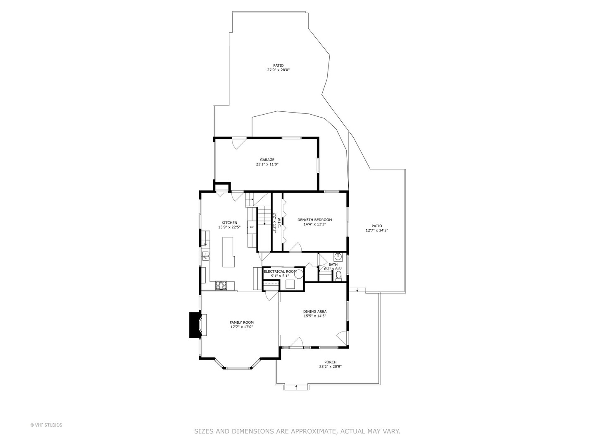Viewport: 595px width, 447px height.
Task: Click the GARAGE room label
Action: (267, 160)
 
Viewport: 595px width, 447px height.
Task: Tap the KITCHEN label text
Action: (229, 223)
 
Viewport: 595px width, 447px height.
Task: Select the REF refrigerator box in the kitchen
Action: (252, 227)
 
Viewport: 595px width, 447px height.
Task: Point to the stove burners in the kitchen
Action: (221, 285)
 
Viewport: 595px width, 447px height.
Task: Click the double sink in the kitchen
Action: (205, 256)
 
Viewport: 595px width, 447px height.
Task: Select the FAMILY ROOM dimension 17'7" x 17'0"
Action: (242, 327)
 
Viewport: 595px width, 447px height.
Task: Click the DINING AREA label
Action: (315, 312)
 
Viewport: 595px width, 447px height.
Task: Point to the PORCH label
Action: (330, 362)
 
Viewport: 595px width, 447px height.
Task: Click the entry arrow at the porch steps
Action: (296, 387)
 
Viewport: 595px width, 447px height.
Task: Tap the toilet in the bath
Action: (338, 276)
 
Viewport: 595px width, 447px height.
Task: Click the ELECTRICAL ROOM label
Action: (280, 272)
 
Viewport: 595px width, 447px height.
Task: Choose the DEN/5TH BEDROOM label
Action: (314, 220)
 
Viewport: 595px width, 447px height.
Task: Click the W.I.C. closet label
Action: (279, 223)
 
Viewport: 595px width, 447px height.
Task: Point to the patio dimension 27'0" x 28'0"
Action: (278, 70)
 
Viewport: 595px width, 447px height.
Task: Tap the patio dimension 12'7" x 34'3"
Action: (376, 231)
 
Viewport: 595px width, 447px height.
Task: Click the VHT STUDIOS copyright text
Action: (46, 425)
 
